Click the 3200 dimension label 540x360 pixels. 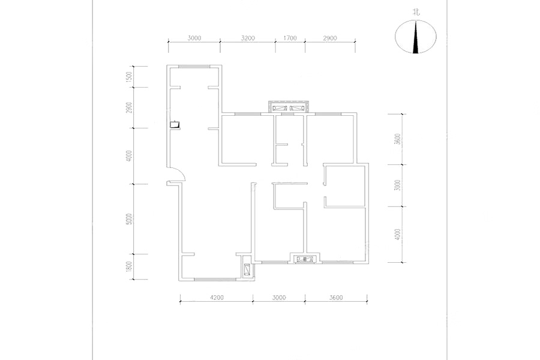[248, 38]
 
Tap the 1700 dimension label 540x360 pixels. [290, 38]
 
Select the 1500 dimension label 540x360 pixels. [129, 76]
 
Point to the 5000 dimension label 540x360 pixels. [129, 219]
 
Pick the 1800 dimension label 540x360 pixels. [129, 266]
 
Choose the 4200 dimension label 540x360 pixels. [216, 298]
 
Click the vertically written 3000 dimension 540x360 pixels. [398, 185]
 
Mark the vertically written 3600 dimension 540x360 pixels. [398, 139]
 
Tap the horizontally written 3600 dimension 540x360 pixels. [336, 298]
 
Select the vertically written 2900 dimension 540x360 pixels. [129, 107]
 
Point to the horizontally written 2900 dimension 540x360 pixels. [330, 38]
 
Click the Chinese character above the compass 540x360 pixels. [416, 13]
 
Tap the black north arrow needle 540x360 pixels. [416, 37]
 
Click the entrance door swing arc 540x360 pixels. [182, 172]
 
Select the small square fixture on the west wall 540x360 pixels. [175, 124]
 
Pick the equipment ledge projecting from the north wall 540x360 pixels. [289, 107]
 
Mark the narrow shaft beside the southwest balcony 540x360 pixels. [247, 268]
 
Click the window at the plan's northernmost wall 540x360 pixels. [194, 66]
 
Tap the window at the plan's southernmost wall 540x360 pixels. [215, 280]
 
